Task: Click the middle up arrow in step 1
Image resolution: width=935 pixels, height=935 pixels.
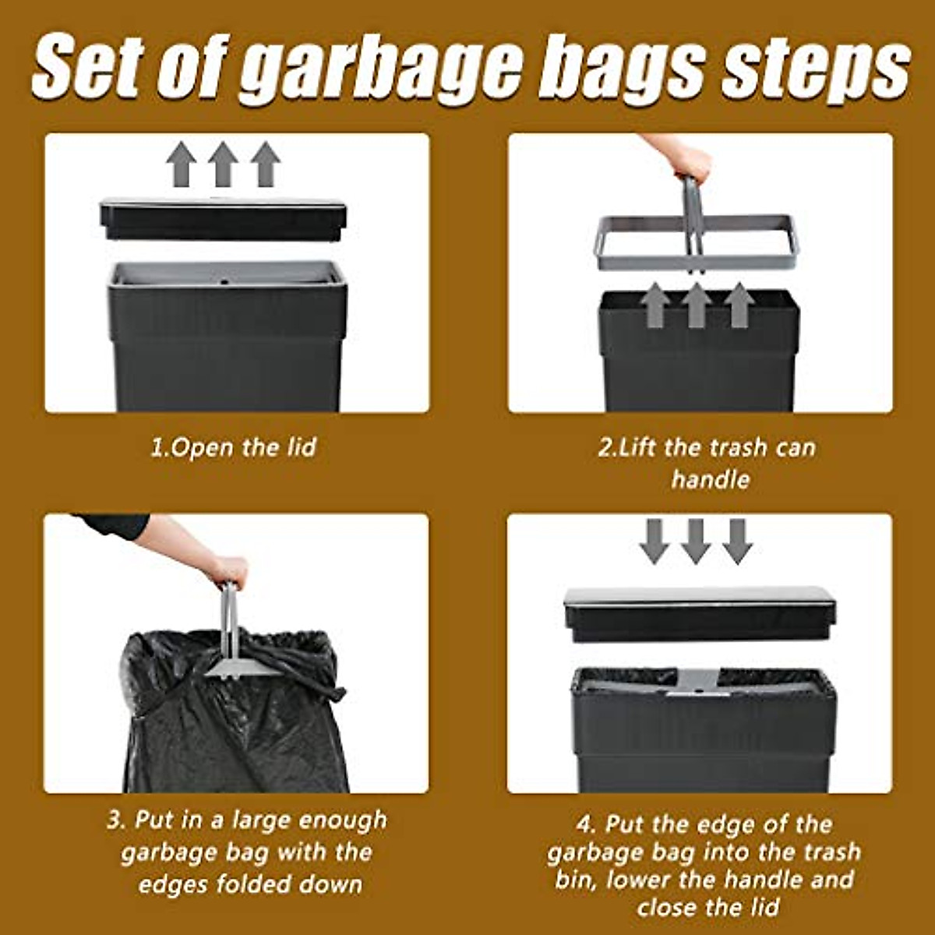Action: (x=223, y=164)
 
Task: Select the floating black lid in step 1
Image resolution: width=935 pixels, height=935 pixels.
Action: (x=223, y=219)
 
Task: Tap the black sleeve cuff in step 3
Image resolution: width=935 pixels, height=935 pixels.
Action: (x=117, y=525)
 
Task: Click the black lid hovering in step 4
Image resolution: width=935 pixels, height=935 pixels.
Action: (x=699, y=614)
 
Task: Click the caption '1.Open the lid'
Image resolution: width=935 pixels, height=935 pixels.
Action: (x=233, y=447)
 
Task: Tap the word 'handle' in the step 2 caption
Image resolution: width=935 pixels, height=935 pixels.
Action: (x=710, y=479)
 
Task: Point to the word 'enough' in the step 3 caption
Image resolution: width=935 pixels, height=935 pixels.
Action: (x=343, y=820)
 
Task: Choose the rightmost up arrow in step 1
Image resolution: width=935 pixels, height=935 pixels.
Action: (x=266, y=164)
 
